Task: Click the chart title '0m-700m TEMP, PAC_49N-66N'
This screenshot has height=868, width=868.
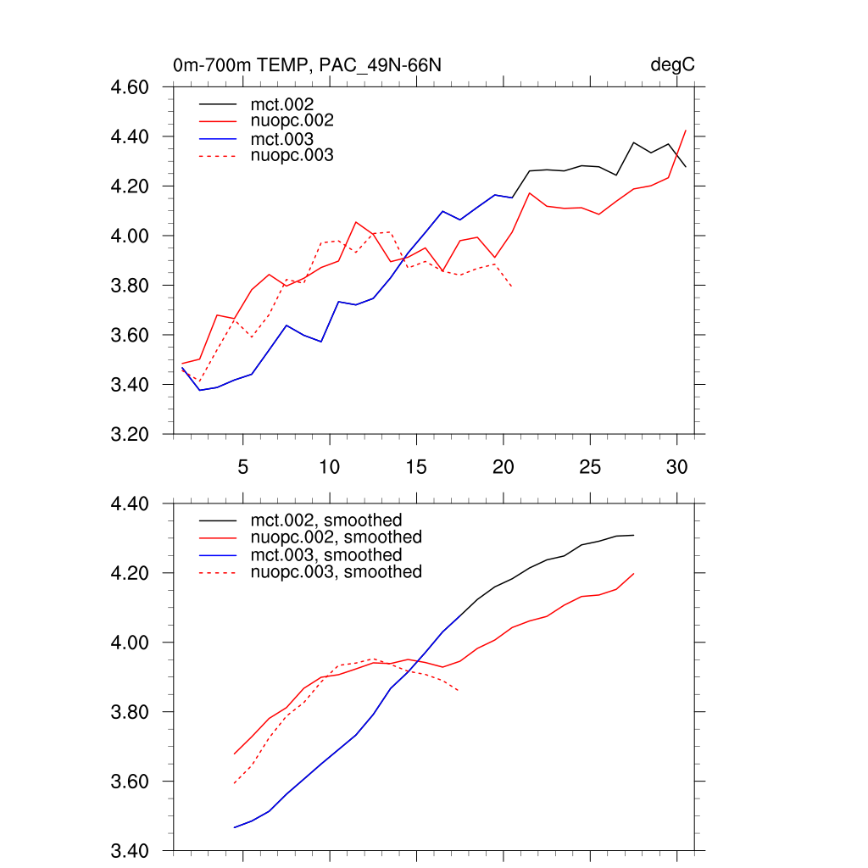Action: click(x=307, y=65)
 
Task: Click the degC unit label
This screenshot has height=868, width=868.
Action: click(x=673, y=65)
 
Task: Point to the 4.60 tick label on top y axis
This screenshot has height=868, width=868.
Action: click(x=131, y=87)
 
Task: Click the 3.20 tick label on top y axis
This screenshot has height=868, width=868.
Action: click(x=131, y=435)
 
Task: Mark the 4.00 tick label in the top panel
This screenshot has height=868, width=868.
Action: click(x=131, y=236)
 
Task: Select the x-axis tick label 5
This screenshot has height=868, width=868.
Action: click(x=243, y=467)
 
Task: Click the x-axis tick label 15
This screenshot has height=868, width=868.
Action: click(x=415, y=467)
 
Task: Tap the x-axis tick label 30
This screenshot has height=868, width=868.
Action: click(x=676, y=467)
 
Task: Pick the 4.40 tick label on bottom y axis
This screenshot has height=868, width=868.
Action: click(x=131, y=504)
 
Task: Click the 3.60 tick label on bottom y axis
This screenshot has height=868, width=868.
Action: click(x=131, y=782)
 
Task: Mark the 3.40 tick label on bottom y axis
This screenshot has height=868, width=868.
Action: click(x=131, y=851)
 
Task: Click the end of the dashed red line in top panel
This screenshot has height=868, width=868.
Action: click(x=512, y=287)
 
